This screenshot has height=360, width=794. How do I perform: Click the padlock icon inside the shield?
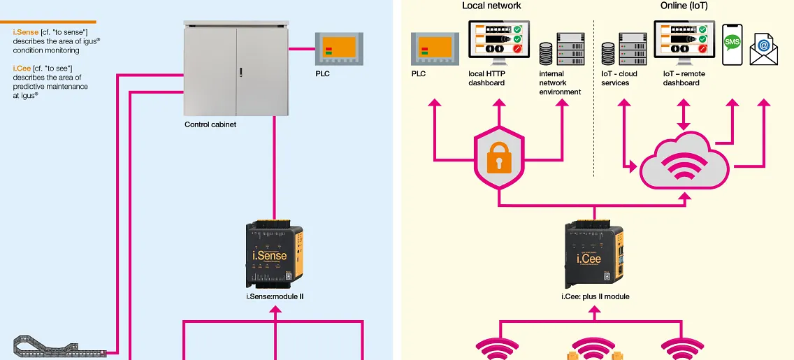pyautogui.click(x=498, y=160)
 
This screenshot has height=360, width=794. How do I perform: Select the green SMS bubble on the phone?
pyautogui.click(x=732, y=42)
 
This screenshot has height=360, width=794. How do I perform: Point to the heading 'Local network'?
pyautogui.click(x=491, y=6)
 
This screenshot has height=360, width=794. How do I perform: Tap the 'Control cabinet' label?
pyautogui.click(x=210, y=124)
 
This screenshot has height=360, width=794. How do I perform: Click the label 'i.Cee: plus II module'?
pyautogui.click(x=595, y=296)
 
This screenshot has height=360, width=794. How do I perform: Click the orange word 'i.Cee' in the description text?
pyautogui.click(x=22, y=69)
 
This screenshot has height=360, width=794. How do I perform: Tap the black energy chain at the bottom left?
pyautogui.click(x=59, y=347)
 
